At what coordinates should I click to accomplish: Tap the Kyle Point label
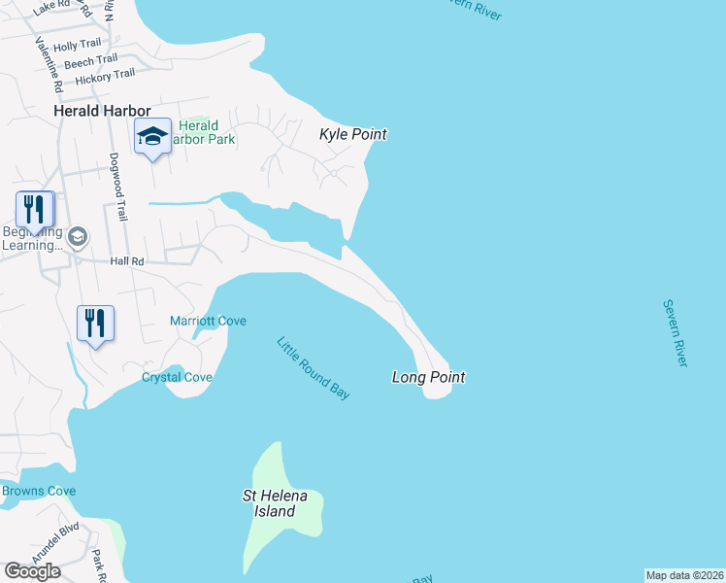353,134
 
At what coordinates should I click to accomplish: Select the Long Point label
428,376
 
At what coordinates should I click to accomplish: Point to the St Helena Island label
275,503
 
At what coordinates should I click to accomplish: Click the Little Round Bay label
313,368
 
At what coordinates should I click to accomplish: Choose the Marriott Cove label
208,321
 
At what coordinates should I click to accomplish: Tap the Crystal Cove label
177,377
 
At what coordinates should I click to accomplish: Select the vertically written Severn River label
676,332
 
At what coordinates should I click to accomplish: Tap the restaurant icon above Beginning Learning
34,210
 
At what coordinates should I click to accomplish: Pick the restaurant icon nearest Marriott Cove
95,323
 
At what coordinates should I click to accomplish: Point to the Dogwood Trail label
119,186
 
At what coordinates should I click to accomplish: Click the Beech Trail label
90,60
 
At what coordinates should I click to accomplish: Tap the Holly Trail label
77,45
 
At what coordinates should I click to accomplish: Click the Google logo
32,571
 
